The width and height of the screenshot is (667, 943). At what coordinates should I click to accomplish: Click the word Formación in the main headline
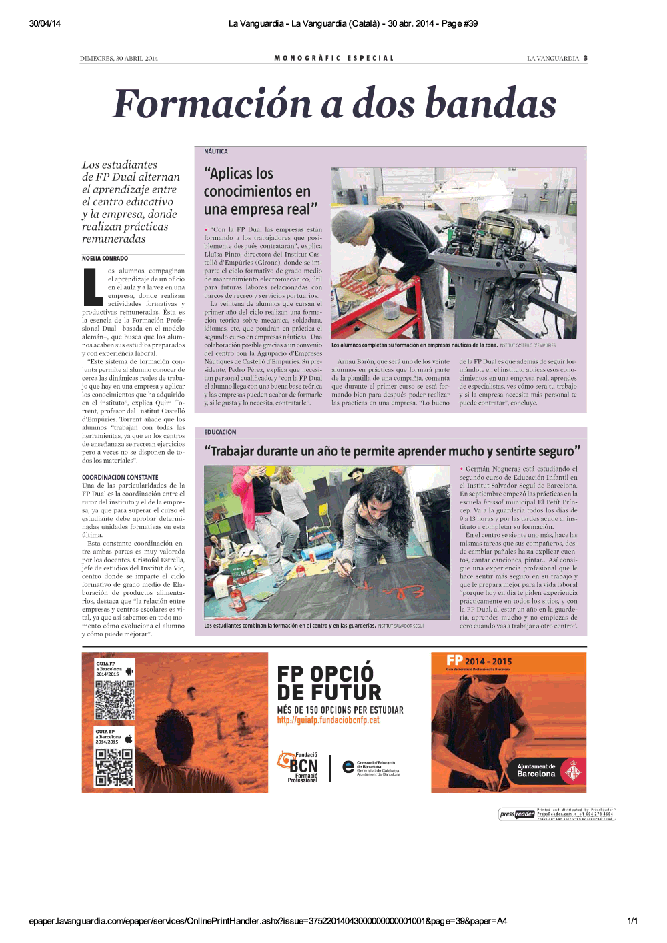(x=212, y=104)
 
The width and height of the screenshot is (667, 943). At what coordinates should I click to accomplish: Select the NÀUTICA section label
(x=216, y=152)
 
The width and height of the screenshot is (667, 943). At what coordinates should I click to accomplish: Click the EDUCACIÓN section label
(x=220, y=432)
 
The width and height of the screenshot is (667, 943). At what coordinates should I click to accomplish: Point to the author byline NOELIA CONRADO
(x=105, y=259)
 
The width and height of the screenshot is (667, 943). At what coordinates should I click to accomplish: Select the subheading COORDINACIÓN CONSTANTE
(x=120, y=478)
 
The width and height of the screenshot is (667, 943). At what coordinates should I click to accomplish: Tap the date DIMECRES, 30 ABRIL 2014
(x=119, y=59)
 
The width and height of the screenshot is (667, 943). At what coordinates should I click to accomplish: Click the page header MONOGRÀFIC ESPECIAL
(x=334, y=58)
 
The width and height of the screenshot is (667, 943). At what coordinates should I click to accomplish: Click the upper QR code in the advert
(x=115, y=700)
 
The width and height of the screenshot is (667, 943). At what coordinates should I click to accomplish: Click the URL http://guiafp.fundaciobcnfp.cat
(x=328, y=720)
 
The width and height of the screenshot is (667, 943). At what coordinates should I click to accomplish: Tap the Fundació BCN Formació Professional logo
(x=299, y=767)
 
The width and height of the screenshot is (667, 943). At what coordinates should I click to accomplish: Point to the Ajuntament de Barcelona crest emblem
(x=572, y=772)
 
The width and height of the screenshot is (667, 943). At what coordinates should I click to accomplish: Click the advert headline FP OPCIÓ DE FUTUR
(x=329, y=683)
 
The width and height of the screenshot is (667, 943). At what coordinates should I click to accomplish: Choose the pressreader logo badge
(x=517, y=814)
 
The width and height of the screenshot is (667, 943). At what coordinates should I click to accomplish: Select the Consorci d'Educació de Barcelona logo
(x=371, y=768)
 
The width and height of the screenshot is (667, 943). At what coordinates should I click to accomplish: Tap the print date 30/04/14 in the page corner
(x=45, y=23)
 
